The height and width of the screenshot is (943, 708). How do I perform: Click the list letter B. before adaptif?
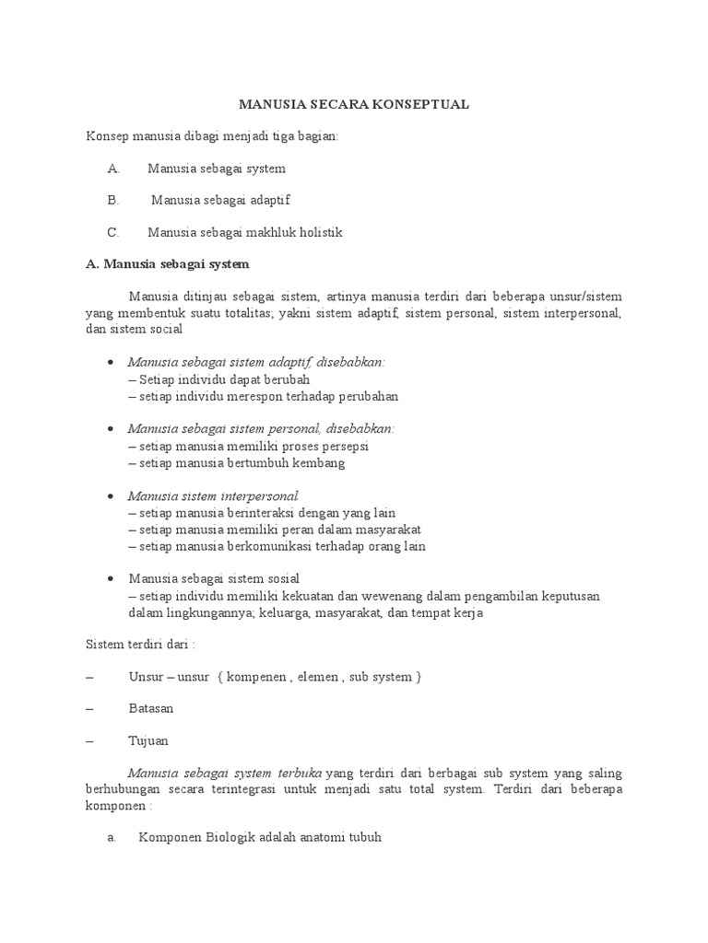tap(113, 201)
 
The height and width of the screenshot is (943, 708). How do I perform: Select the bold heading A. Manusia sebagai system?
tap(167, 264)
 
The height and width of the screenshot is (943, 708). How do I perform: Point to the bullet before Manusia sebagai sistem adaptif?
tap(111, 363)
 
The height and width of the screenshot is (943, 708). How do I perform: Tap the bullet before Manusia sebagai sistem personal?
tap(111, 429)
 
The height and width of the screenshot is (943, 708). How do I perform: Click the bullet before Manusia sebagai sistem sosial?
tap(111, 579)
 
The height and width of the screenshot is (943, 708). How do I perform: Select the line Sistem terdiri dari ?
tap(140, 645)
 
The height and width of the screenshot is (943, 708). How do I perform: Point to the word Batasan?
tap(151, 709)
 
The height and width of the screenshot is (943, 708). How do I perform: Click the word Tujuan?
tap(149, 740)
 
